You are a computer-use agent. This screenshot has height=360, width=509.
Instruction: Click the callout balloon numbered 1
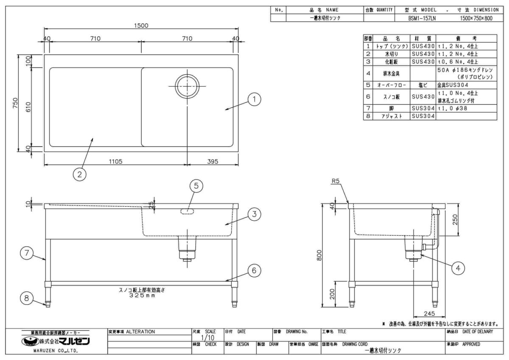(x=254, y=100)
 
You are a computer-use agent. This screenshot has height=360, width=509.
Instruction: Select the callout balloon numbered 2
(x=79, y=174)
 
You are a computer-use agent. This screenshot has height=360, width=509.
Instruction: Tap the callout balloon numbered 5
(x=196, y=186)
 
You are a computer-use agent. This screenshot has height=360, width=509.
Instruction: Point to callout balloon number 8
(x=27, y=298)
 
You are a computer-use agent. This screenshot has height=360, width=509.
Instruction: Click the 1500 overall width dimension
(x=141, y=25)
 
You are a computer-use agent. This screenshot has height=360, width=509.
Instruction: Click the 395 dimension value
(x=213, y=161)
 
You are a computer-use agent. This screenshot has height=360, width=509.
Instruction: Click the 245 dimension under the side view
(x=429, y=314)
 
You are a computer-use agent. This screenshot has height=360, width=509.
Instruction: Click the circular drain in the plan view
(x=187, y=86)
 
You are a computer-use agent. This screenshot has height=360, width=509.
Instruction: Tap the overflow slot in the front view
(x=187, y=211)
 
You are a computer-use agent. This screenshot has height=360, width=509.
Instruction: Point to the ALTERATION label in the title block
(x=135, y=331)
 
